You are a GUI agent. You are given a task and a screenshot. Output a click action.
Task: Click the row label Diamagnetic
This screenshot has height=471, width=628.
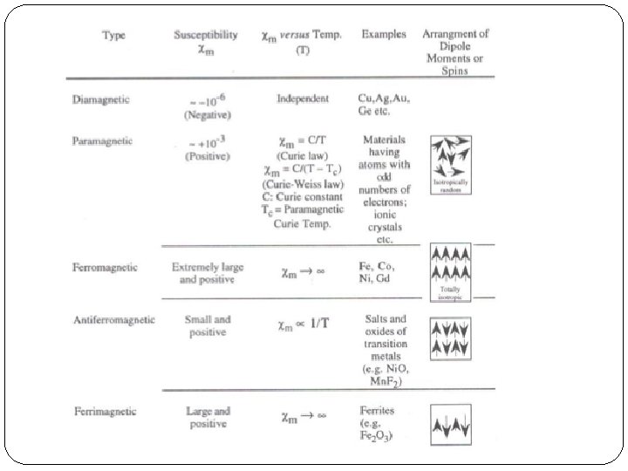point(101,99)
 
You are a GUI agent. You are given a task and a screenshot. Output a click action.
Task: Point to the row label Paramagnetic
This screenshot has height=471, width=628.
point(103,140)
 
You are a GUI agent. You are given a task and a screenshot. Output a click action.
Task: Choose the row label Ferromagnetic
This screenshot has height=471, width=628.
point(105,267)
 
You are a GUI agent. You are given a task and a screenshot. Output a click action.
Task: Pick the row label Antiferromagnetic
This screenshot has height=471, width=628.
point(114,319)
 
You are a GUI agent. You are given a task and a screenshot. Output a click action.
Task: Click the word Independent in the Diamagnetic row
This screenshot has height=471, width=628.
point(302,99)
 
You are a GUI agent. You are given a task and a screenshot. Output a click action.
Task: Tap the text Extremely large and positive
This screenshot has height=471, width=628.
point(208,274)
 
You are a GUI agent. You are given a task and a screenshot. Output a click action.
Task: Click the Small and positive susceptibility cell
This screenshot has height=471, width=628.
point(208,326)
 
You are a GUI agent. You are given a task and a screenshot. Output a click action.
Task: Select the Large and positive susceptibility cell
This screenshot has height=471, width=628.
point(208,417)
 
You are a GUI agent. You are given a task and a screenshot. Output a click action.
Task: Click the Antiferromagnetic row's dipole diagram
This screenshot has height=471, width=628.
point(451,338)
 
